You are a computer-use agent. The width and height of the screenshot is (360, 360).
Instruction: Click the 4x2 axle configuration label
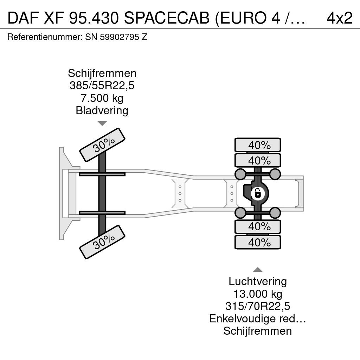[339, 18]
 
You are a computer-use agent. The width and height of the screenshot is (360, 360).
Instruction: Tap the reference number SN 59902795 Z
[116, 37]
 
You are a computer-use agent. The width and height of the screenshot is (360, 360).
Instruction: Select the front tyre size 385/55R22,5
[102, 86]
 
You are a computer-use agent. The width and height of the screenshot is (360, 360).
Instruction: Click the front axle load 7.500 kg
[102, 98]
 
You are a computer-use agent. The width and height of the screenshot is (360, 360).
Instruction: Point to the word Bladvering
[102, 110]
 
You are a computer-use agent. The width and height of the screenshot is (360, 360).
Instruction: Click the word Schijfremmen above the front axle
[102, 73]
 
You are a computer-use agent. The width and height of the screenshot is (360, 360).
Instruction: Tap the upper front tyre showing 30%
[102, 145]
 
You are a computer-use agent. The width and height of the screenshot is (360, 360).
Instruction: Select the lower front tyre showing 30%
[102, 242]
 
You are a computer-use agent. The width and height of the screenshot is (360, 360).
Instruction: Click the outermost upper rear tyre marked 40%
[258, 145]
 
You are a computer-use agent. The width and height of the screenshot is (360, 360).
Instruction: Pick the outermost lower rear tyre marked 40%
[258, 242]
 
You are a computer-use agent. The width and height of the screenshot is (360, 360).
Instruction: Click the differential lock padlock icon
[258, 193]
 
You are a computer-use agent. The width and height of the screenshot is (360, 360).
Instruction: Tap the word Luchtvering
[258, 282]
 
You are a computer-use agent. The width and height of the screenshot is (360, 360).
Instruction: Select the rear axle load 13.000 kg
[258, 294]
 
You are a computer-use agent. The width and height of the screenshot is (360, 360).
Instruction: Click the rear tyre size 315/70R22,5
[258, 306]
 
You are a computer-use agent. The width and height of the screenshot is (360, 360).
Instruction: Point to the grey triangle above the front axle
[102, 123]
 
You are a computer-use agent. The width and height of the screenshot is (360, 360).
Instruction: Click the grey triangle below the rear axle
[258, 270]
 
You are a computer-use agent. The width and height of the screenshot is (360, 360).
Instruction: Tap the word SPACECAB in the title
[167, 18]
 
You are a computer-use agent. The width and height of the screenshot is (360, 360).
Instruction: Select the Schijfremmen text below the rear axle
[258, 331]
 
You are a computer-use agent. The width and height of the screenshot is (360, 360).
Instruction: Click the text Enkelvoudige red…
[258, 319]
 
